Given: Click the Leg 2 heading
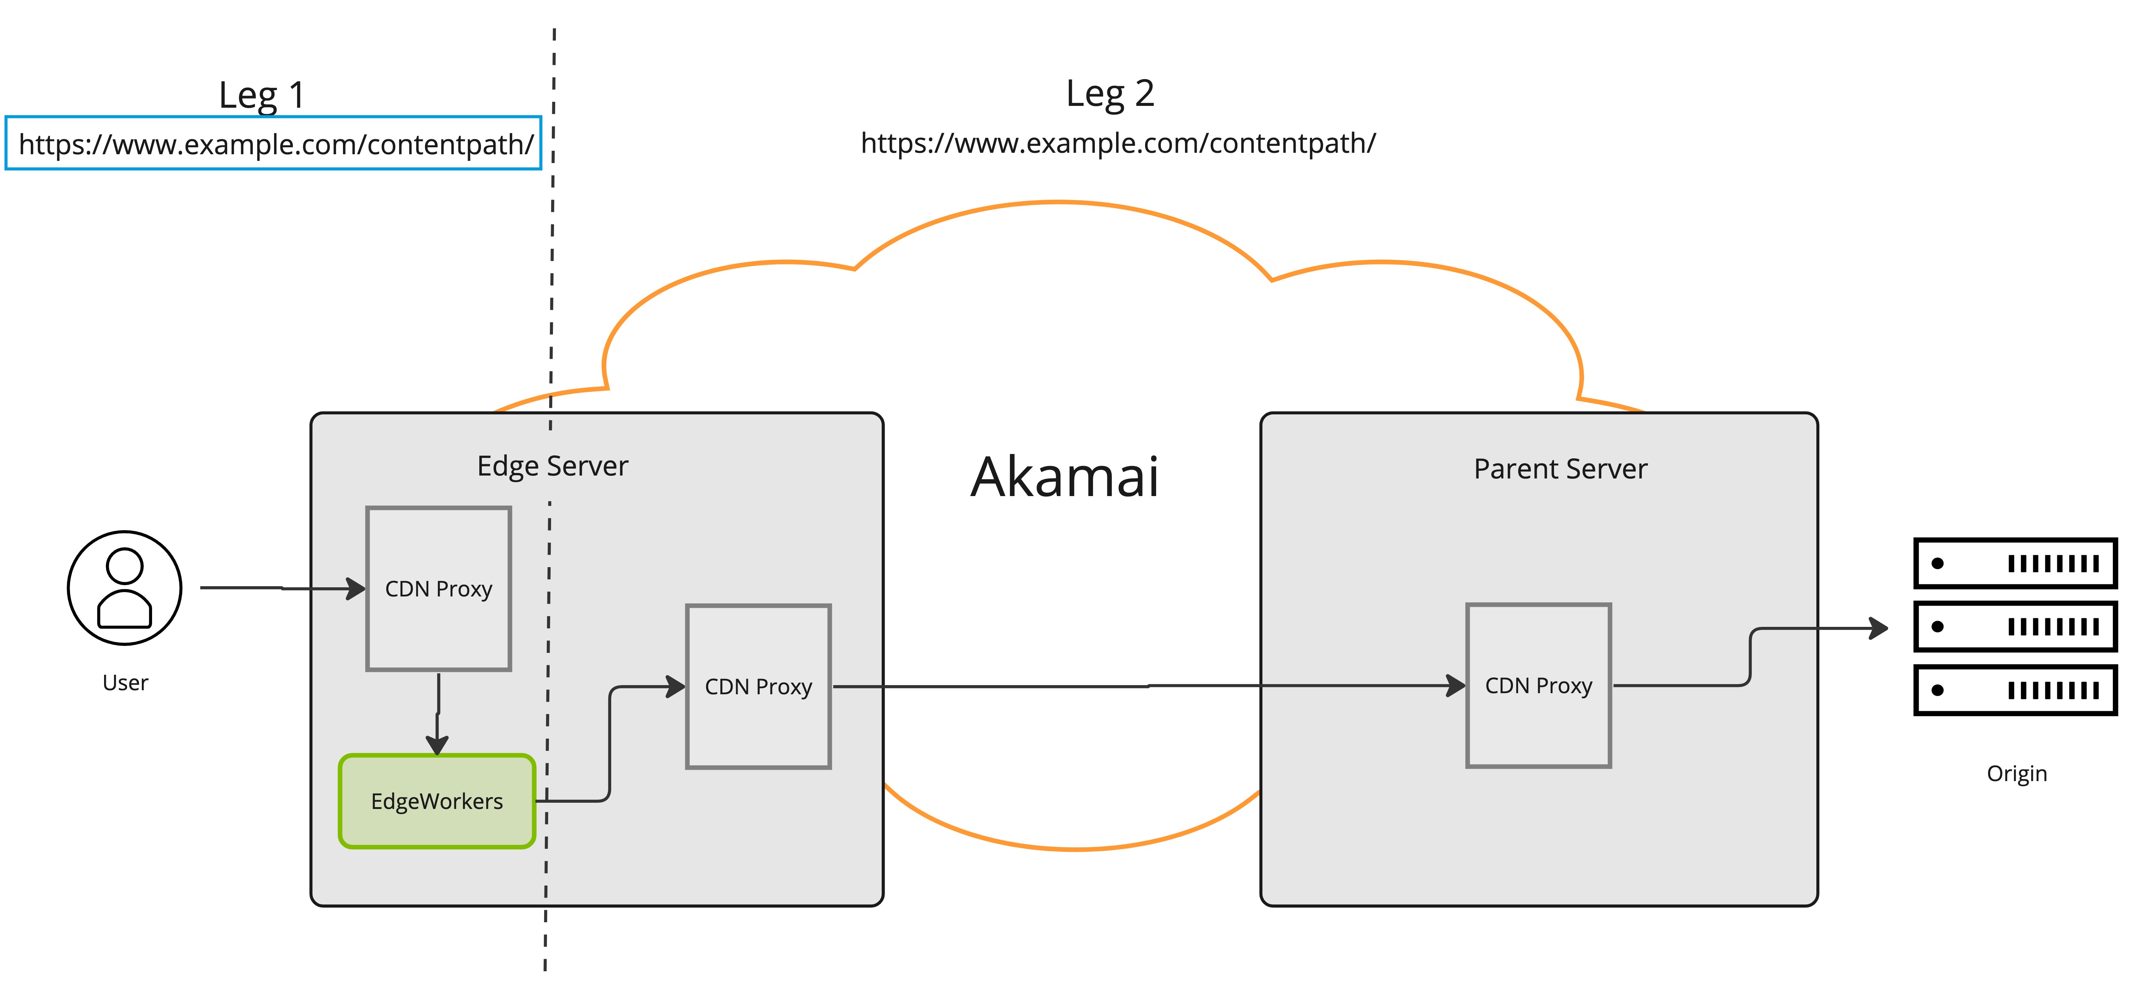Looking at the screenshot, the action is pos(1110,93).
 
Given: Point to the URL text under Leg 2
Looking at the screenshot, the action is pos(1118,144).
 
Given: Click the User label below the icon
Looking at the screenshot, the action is pos(125,683).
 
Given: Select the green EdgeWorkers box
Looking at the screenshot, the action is pos(437,801).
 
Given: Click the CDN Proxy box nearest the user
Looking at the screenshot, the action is pos(439,589).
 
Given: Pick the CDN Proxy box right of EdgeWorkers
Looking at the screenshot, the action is pos(758,687).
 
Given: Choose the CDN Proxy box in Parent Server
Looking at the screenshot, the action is pos(1539,685).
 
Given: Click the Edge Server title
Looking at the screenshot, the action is pos(552,466).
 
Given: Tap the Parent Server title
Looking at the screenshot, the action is pos(1561,469).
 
